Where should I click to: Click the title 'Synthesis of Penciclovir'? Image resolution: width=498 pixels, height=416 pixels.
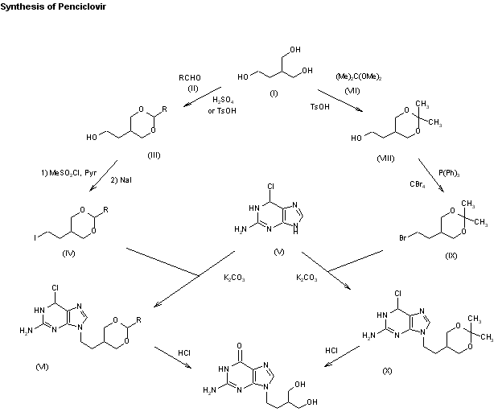[x=53, y=6]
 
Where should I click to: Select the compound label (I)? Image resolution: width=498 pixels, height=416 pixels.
[x=274, y=93]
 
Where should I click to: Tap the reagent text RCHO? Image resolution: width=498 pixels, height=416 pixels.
[x=190, y=78]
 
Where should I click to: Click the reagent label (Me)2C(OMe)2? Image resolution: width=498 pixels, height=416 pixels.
[x=359, y=77]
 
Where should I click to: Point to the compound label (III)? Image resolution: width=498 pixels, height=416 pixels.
[x=154, y=155]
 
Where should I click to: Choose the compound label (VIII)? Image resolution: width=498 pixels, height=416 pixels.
[x=385, y=159]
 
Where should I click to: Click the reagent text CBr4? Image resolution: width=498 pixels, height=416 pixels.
[x=418, y=184]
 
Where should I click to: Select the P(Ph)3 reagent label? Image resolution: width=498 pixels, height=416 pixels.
[x=449, y=173]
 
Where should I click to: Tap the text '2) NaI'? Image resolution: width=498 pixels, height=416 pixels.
[x=121, y=180]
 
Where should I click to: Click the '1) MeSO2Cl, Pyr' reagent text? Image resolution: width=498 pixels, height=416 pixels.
[x=68, y=173]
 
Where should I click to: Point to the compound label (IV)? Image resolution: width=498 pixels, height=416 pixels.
[x=68, y=253]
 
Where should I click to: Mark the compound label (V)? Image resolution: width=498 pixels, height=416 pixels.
[x=279, y=252]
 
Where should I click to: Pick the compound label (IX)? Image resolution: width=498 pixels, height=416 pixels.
[x=451, y=256]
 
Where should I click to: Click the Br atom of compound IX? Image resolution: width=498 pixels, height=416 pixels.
[x=403, y=237]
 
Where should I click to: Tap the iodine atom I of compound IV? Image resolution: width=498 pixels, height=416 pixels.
[x=35, y=237]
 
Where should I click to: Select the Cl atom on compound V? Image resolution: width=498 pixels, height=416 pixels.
[x=270, y=187]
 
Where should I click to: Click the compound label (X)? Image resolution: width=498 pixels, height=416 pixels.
[x=387, y=371]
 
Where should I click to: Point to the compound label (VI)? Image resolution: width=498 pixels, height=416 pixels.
[x=42, y=367]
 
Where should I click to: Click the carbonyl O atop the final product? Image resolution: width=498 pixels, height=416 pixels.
[x=239, y=345]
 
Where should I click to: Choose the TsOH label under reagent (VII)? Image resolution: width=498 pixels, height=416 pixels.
[x=320, y=107]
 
